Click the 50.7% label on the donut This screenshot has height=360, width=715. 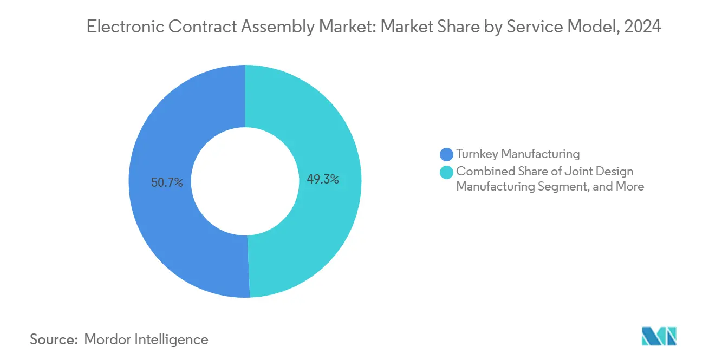point(167,183)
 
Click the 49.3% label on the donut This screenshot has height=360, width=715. point(323,179)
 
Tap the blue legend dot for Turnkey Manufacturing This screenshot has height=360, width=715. point(447,154)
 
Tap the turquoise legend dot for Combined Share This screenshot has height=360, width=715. point(447,172)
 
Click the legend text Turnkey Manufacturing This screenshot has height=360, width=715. point(518,154)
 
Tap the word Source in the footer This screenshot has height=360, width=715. point(53,339)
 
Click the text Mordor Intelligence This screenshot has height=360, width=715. point(146,339)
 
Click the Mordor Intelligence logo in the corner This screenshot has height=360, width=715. point(659,336)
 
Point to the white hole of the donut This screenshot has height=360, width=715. point(245,181)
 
